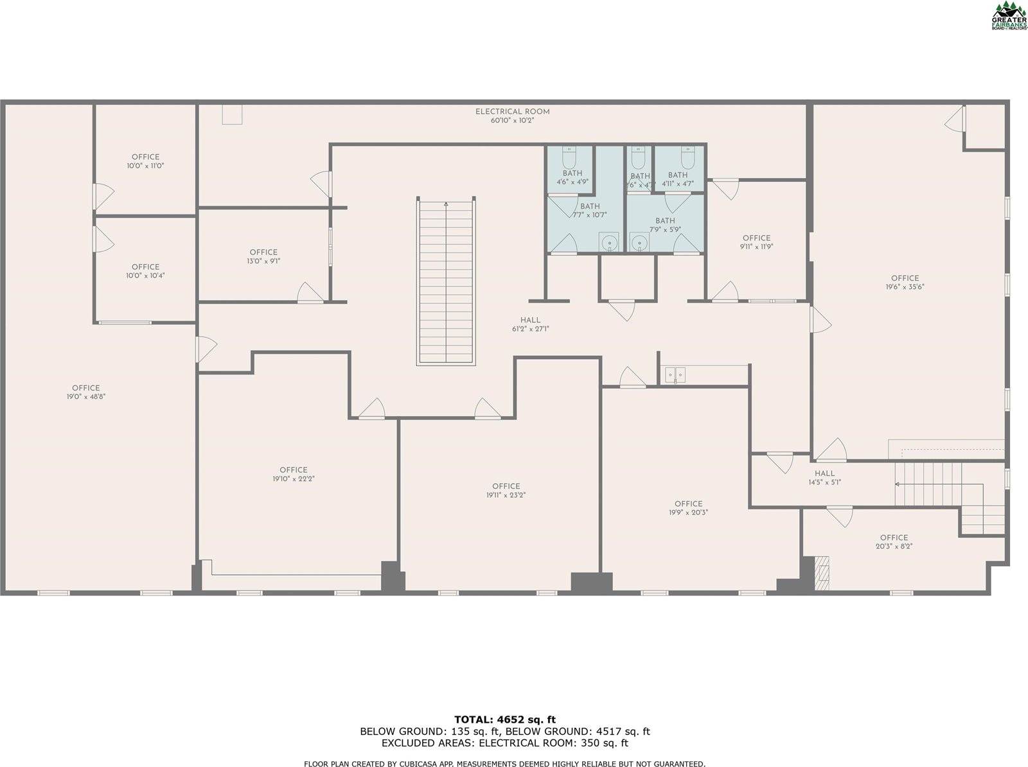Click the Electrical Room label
tap(512, 116)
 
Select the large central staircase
tap(447, 281)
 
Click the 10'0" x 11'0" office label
tap(145, 161)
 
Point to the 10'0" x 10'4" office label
tap(145, 271)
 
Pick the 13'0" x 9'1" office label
tap(263, 256)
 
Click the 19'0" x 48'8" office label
tap(86, 392)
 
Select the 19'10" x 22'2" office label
tap(294, 474)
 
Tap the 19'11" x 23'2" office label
tap(506, 490)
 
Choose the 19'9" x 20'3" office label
tap(688, 508)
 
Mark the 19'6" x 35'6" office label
tap(905, 283)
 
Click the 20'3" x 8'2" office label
tap(894, 542)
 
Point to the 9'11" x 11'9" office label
tap(756, 242)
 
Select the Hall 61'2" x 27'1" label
tap(530, 324)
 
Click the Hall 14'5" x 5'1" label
tap(824, 477)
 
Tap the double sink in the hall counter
tap(675, 374)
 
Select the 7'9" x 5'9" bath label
tap(665, 225)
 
